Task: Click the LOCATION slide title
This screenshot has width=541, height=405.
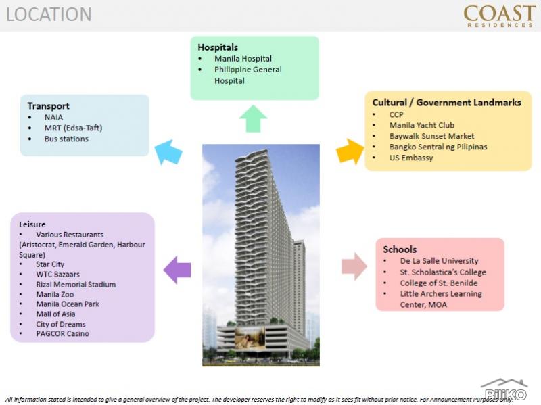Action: pyautogui.click(x=49, y=14)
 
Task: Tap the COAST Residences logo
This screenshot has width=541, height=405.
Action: pyautogui.click(x=499, y=16)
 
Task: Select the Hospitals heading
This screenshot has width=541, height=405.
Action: pyautogui.click(x=218, y=47)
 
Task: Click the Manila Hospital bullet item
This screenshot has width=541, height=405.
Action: pyautogui.click(x=243, y=59)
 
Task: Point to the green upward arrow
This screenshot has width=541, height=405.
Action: pyautogui.click(x=253, y=118)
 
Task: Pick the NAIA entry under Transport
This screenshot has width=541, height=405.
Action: pyautogui.click(x=53, y=117)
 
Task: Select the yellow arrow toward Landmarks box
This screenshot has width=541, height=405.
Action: pyautogui.click(x=350, y=151)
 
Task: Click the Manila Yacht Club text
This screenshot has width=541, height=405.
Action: pyautogui.click(x=421, y=125)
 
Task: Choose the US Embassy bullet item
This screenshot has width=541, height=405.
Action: pyautogui.click(x=411, y=158)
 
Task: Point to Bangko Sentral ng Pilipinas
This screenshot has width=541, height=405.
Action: pyautogui.click(x=438, y=147)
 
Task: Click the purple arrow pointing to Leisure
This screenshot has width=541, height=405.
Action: pyautogui.click(x=177, y=270)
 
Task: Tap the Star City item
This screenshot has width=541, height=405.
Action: pyautogui.click(x=50, y=264)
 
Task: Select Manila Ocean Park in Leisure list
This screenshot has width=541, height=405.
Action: pyautogui.click(x=68, y=304)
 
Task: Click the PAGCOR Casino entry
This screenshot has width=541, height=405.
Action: pyautogui.click(x=62, y=333)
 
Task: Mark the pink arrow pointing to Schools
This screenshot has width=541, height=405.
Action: pyautogui.click(x=354, y=266)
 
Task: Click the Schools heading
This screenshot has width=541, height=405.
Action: pyautogui.click(x=400, y=249)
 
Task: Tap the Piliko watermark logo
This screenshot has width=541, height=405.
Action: pyautogui.click(x=504, y=390)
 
